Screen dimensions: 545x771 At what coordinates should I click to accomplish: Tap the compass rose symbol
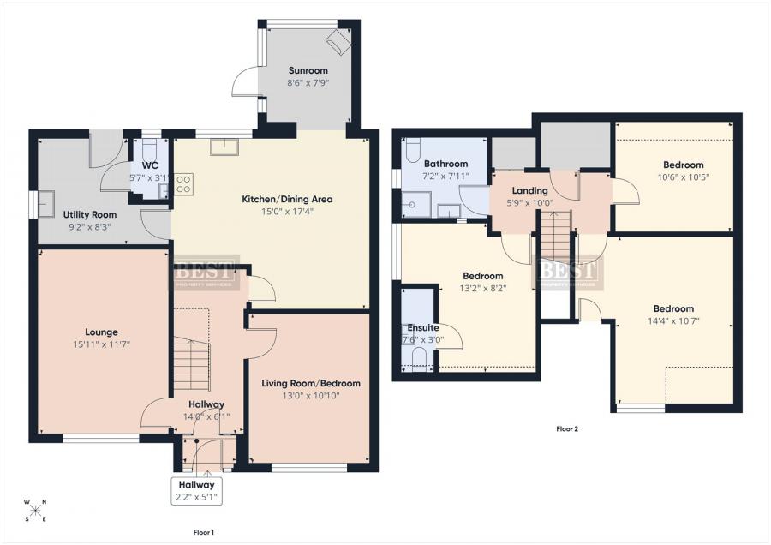(x=37, y=512)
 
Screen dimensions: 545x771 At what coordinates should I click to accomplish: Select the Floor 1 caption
(x=203, y=533)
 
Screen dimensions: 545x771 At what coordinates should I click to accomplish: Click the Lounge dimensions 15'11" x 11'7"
(x=101, y=344)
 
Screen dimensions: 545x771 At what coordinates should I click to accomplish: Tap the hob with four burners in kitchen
(x=183, y=183)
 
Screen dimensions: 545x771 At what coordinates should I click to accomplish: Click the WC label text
(x=149, y=165)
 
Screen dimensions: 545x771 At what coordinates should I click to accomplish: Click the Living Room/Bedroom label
(x=311, y=383)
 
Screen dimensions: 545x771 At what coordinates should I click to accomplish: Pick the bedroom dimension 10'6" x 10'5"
(x=683, y=177)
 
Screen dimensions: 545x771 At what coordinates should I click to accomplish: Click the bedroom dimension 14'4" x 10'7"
(x=673, y=321)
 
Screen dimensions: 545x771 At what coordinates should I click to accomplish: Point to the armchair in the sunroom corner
(x=337, y=41)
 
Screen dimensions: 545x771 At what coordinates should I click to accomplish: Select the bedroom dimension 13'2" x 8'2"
(x=482, y=288)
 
